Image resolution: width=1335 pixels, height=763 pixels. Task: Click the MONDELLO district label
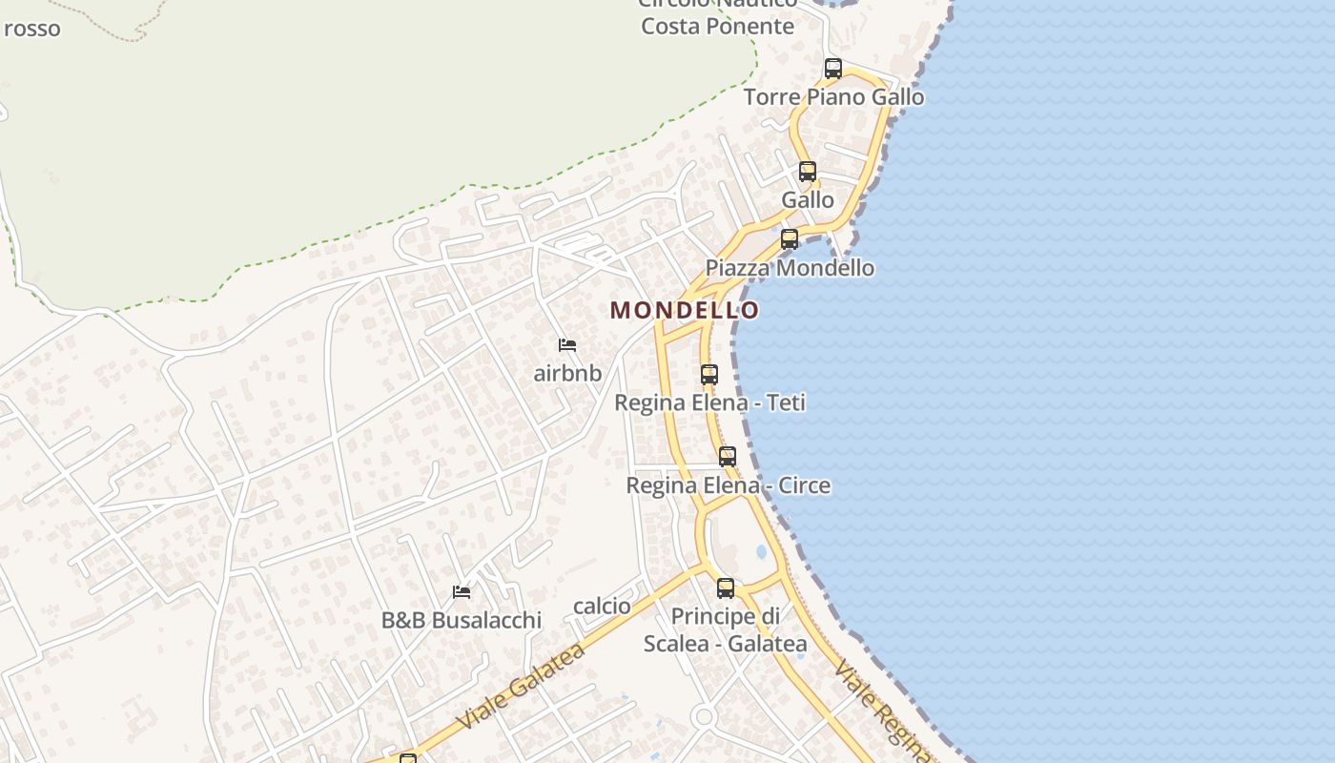click(x=685, y=310)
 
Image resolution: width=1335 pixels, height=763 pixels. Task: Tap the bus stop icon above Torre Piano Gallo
click(x=832, y=69)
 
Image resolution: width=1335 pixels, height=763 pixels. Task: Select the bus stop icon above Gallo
click(x=808, y=172)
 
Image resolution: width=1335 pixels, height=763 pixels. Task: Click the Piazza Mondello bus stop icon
click(x=790, y=239)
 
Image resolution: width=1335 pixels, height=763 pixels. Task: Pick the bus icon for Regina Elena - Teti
click(x=709, y=375)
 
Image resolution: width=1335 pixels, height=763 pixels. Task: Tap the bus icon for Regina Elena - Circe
click(x=728, y=457)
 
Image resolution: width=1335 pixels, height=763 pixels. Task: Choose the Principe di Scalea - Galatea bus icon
click(x=726, y=588)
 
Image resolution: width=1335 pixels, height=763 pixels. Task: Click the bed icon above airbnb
click(x=567, y=344)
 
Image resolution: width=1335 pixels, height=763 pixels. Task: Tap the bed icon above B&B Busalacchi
click(x=462, y=592)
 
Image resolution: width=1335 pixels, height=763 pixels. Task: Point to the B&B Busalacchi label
click(x=462, y=620)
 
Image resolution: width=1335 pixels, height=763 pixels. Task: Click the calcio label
click(x=602, y=606)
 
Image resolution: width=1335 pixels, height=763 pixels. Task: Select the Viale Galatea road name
click(x=521, y=687)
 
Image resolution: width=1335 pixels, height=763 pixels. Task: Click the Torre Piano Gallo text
click(x=833, y=97)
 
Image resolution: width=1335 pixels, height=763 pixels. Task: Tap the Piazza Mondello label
click(x=790, y=268)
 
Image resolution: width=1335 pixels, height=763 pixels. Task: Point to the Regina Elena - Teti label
click(x=709, y=402)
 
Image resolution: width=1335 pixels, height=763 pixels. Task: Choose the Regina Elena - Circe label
click(x=728, y=485)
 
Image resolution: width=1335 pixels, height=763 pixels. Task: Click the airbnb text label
click(x=567, y=373)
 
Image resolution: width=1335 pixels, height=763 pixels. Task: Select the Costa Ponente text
click(x=717, y=26)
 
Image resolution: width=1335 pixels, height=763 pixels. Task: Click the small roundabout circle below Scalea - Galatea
click(x=704, y=716)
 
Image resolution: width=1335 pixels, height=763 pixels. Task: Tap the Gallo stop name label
click(x=808, y=200)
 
